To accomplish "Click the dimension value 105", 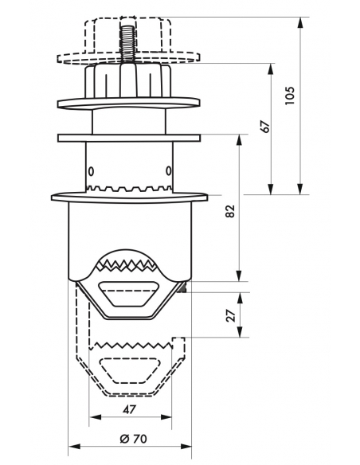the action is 289,96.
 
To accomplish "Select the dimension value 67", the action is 265,127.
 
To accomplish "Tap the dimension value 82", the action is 230,211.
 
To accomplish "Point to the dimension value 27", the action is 231,315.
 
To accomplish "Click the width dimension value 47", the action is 129,410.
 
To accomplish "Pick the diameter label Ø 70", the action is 134,439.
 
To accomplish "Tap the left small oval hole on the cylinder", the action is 91,171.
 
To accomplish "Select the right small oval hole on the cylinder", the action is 168,171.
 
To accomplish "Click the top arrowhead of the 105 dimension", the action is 300,23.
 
